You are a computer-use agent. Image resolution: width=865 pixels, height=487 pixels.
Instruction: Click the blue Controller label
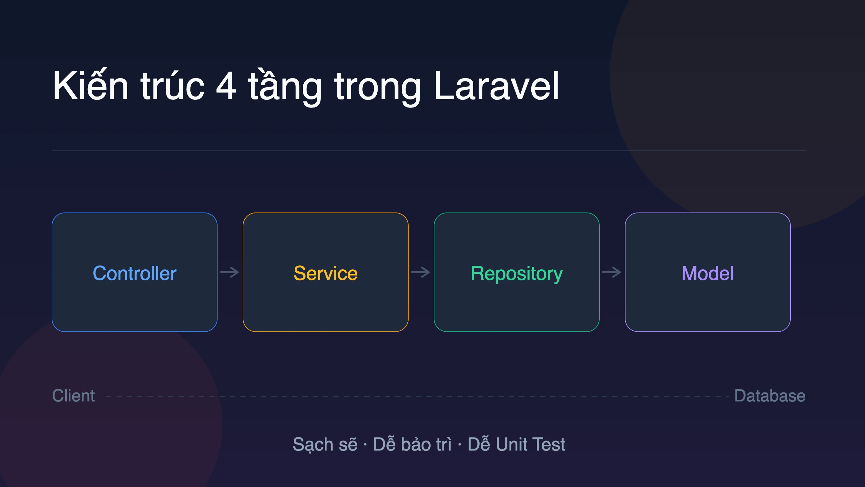coord(134,273)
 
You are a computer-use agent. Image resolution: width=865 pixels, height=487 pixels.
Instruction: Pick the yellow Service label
coord(325,273)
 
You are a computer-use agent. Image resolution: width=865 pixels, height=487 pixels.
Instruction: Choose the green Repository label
coord(516,274)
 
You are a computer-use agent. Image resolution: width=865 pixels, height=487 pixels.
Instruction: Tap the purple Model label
coord(707,273)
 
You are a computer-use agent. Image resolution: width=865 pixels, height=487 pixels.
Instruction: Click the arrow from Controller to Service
coord(229,272)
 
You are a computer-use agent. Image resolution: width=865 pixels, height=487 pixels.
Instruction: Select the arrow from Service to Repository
coord(421,272)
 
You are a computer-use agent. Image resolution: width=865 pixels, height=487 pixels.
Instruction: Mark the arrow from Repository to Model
coord(612,272)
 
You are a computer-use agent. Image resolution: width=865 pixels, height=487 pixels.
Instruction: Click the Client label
coord(73,396)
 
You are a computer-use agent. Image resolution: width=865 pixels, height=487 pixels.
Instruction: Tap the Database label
coord(770,396)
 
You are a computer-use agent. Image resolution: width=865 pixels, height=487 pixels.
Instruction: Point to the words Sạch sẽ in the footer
coord(325,445)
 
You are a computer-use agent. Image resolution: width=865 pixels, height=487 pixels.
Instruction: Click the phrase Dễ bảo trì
coord(412,444)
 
